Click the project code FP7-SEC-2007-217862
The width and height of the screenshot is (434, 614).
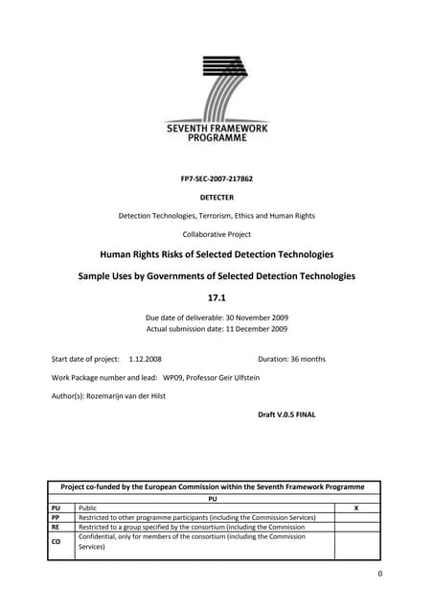pos(217,178)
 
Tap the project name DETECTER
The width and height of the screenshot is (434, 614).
pos(217,197)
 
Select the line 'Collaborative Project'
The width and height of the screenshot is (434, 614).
pos(217,234)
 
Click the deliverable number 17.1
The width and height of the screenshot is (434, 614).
pos(217,296)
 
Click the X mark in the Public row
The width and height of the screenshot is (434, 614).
pos(356,508)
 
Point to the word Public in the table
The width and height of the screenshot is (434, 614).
pos(88,508)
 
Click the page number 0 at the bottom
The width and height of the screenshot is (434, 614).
pos(379,574)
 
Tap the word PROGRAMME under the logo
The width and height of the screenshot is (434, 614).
pos(217,137)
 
